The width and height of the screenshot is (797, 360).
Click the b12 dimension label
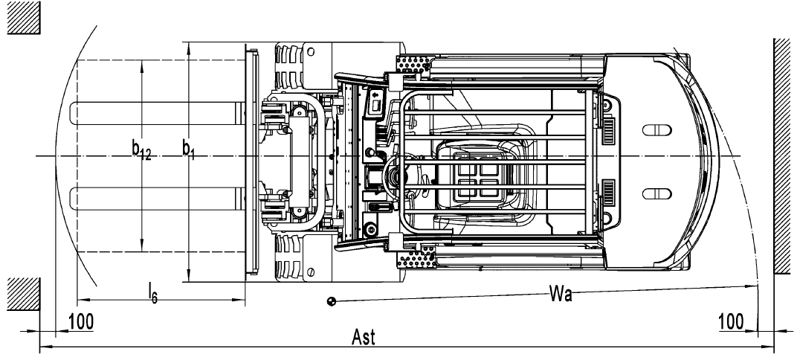pos(142,151)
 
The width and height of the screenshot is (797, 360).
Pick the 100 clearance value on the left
pos(81,322)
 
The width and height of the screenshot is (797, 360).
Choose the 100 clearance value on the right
pos(732,322)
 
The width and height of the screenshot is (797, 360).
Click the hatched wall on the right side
pos(784,156)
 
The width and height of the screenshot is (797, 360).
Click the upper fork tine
pos(156,112)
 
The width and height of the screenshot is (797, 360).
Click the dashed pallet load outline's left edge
pos(77,156)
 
